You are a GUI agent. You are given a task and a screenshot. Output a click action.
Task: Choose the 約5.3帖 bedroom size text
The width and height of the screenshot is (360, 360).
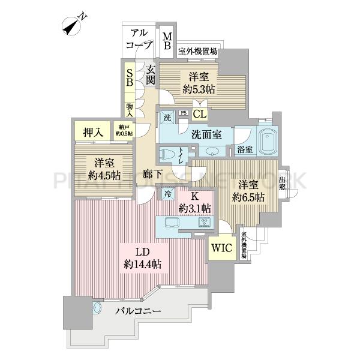pos(200,89)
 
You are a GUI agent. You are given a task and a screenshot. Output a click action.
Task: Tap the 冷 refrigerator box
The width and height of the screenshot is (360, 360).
pos(166,194)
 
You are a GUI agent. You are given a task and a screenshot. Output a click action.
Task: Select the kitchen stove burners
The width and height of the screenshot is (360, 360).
pos(204,223)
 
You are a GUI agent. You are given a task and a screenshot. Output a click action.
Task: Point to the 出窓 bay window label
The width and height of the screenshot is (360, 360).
pos(283,182)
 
